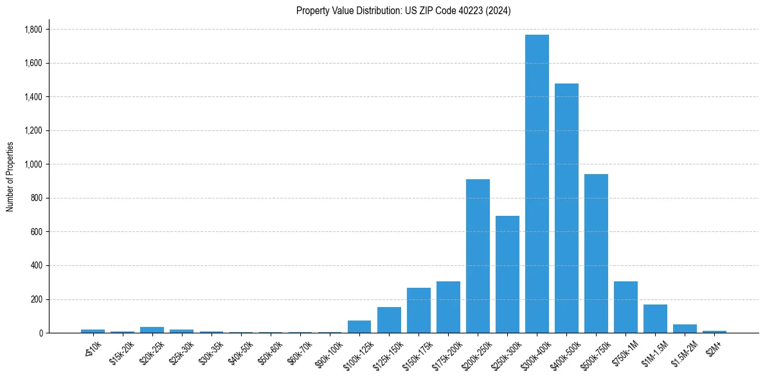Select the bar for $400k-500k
566,208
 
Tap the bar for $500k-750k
596,253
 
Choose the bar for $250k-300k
507,274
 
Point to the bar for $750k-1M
625,307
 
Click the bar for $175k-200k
448,307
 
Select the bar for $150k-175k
419,310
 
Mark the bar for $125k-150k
389,320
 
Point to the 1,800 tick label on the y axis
33,30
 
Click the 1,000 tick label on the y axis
33,164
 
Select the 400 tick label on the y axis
37,265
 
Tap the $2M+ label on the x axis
714,348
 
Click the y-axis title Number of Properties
10,177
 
